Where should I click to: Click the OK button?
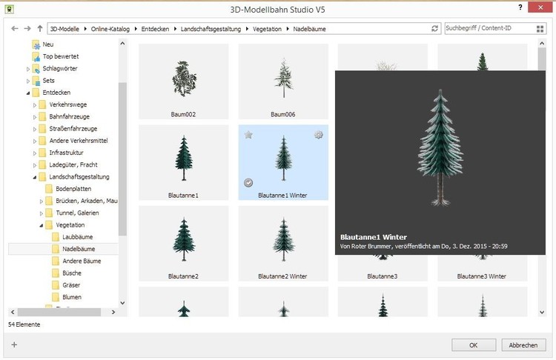[x=474, y=344]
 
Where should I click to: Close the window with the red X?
[x=540, y=7]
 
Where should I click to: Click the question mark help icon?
[x=520, y=7]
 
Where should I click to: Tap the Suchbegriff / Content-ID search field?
[x=490, y=28]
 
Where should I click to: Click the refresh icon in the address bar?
[x=434, y=29]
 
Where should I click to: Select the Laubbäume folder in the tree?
[x=77, y=237]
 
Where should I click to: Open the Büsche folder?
[x=72, y=273]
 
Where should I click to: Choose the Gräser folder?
[x=71, y=285]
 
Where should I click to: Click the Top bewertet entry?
[x=60, y=56]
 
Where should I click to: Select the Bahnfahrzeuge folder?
[x=69, y=116]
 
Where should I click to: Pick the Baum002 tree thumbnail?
[x=183, y=81]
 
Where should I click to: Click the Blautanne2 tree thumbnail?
[x=183, y=244]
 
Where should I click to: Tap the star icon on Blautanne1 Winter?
[x=248, y=135]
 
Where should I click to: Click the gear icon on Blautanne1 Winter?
[x=319, y=135]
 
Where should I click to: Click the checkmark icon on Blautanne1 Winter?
[x=248, y=182]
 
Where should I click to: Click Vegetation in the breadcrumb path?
[x=267, y=29]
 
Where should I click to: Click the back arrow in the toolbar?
[x=15, y=28]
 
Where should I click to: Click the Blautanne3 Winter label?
[x=482, y=276]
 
